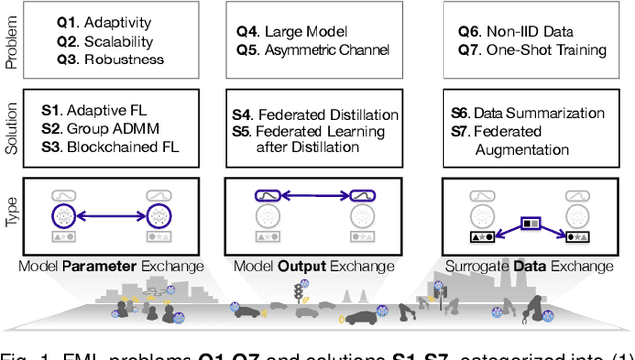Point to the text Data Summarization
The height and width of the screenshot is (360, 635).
pos(542,112)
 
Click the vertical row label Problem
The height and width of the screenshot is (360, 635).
pos(11,39)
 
